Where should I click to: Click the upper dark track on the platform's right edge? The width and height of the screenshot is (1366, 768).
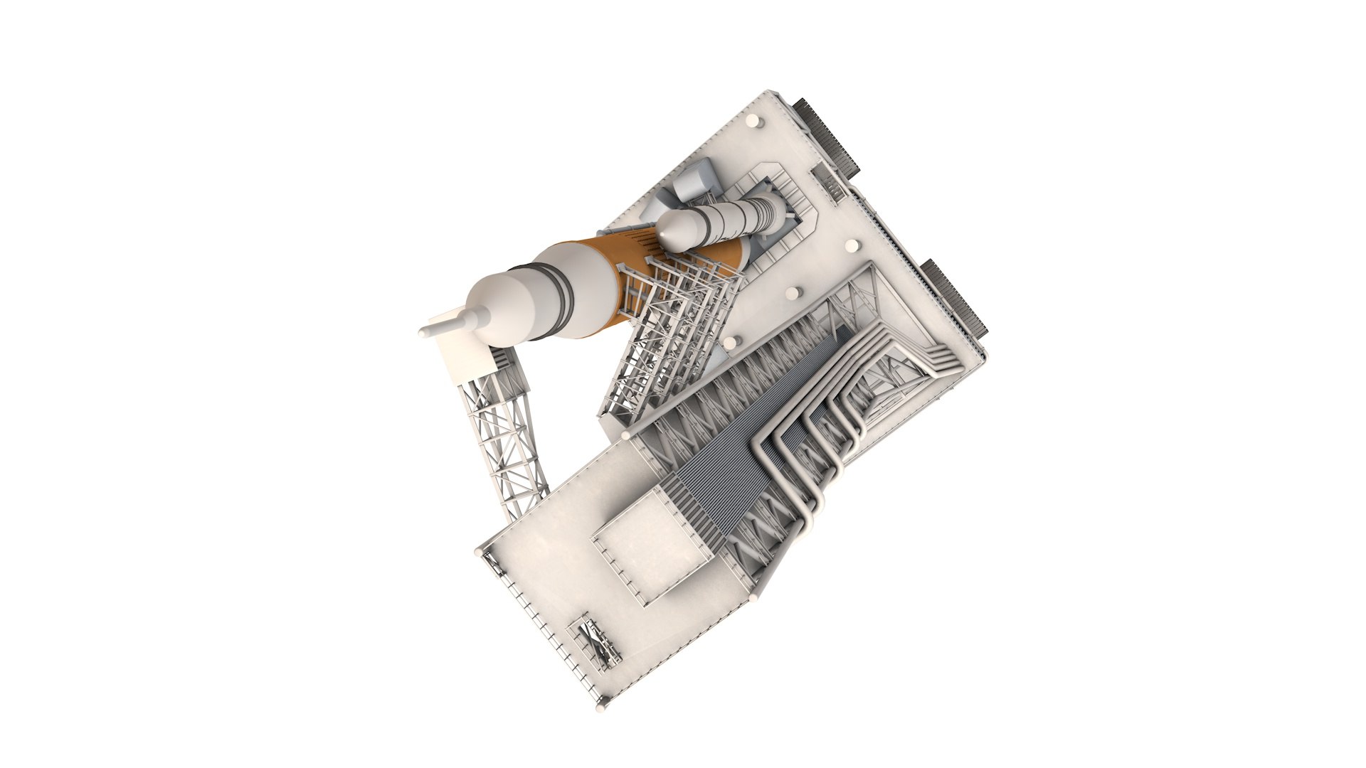click(829, 139)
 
